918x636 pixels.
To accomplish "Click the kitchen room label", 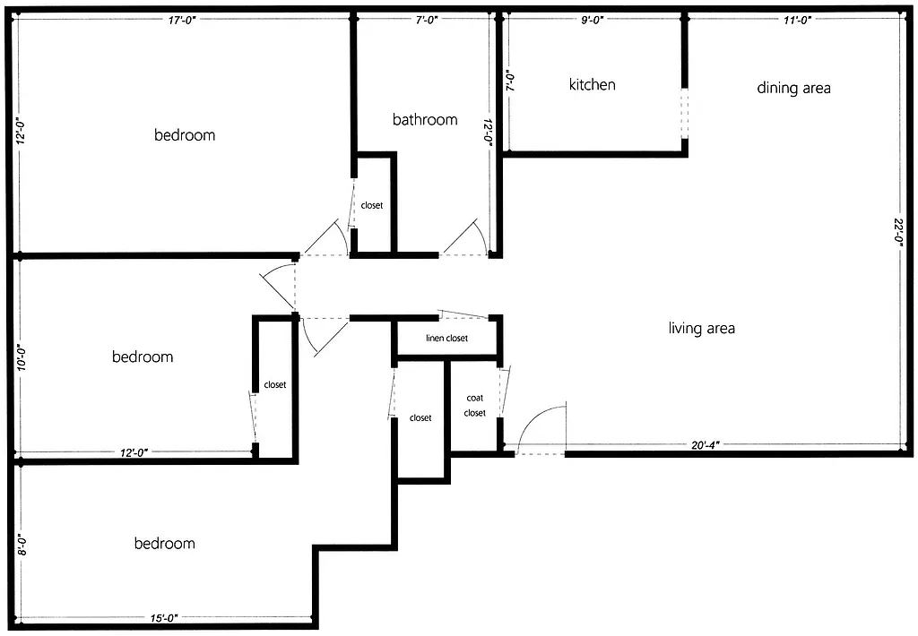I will click(x=593, y=85).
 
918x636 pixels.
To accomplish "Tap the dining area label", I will click(x=793, y=88).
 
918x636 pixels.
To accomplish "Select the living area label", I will click(x=702, y=329).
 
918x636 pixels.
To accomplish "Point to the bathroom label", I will click(x=425, y=120).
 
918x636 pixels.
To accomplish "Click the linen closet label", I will click(x=446, y=339).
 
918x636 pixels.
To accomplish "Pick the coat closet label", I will click(x=475, y=405).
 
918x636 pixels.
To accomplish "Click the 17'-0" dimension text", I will click(x=182, y=20).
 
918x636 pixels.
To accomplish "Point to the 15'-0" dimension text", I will click(x=164, y=618).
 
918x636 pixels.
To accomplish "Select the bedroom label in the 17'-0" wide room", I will click(x=185, y=135).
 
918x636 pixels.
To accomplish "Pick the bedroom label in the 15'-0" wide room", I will click(x=164, y=544).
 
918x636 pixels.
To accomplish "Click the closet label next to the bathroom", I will click(x=372, y=206).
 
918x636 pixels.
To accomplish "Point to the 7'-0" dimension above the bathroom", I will click(x=424, y=20).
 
